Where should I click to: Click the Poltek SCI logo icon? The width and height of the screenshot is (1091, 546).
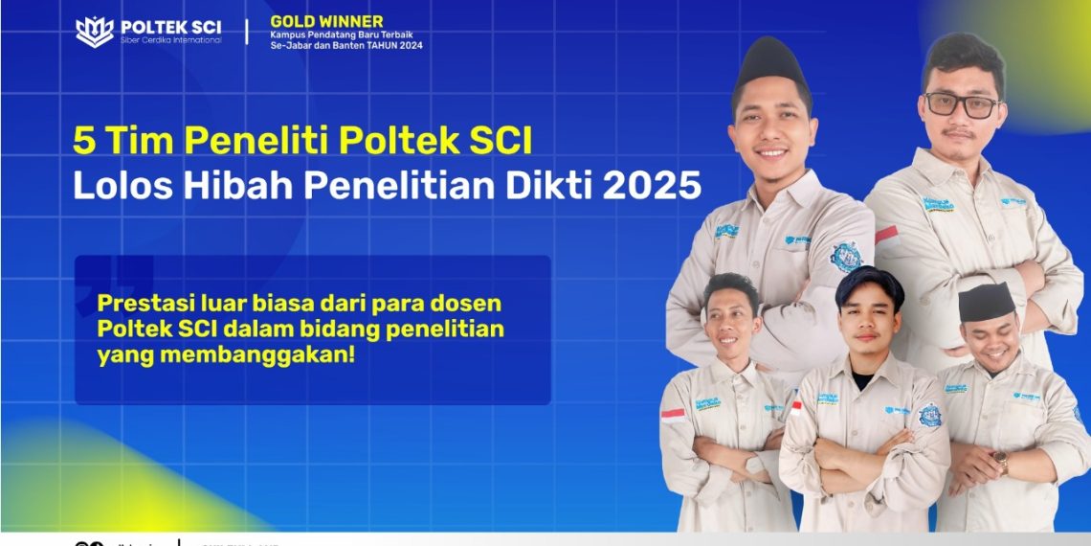(x=94, y=32)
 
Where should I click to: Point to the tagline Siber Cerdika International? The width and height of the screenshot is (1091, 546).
(x=170, y=40)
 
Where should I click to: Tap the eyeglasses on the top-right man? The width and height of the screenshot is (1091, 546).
(x=961, y=104)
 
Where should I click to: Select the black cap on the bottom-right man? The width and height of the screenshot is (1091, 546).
(x=986, y=303)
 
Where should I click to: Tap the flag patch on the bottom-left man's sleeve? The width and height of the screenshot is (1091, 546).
(x=674, y=415)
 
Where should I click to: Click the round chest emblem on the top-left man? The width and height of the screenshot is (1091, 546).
(x=845, y=256)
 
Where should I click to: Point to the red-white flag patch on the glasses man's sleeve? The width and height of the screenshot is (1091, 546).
(x=886, y=235)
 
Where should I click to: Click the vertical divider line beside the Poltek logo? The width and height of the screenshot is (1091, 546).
(x=247, y=32)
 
